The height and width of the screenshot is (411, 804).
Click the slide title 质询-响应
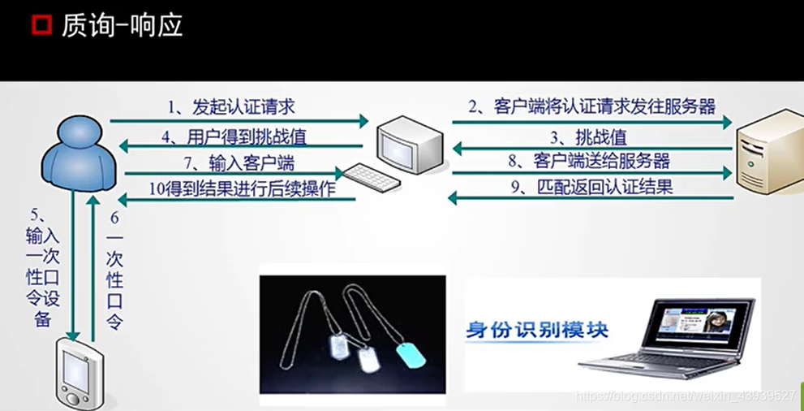[x=122, y=25]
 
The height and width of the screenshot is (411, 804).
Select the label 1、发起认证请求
[x=231, y=106]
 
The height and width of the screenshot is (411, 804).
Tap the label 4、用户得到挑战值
[x=235, y=136]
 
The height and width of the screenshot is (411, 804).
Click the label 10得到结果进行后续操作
[x=241, y=188]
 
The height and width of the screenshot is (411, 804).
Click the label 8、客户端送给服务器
[x=589, y=161]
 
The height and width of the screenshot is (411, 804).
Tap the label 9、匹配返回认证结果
[x=594, y=188]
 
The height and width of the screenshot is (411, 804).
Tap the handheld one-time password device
[x=81, y=374]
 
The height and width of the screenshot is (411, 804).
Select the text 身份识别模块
[x=536, y=331]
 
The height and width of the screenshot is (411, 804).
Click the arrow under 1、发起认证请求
[x=239, y=121]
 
